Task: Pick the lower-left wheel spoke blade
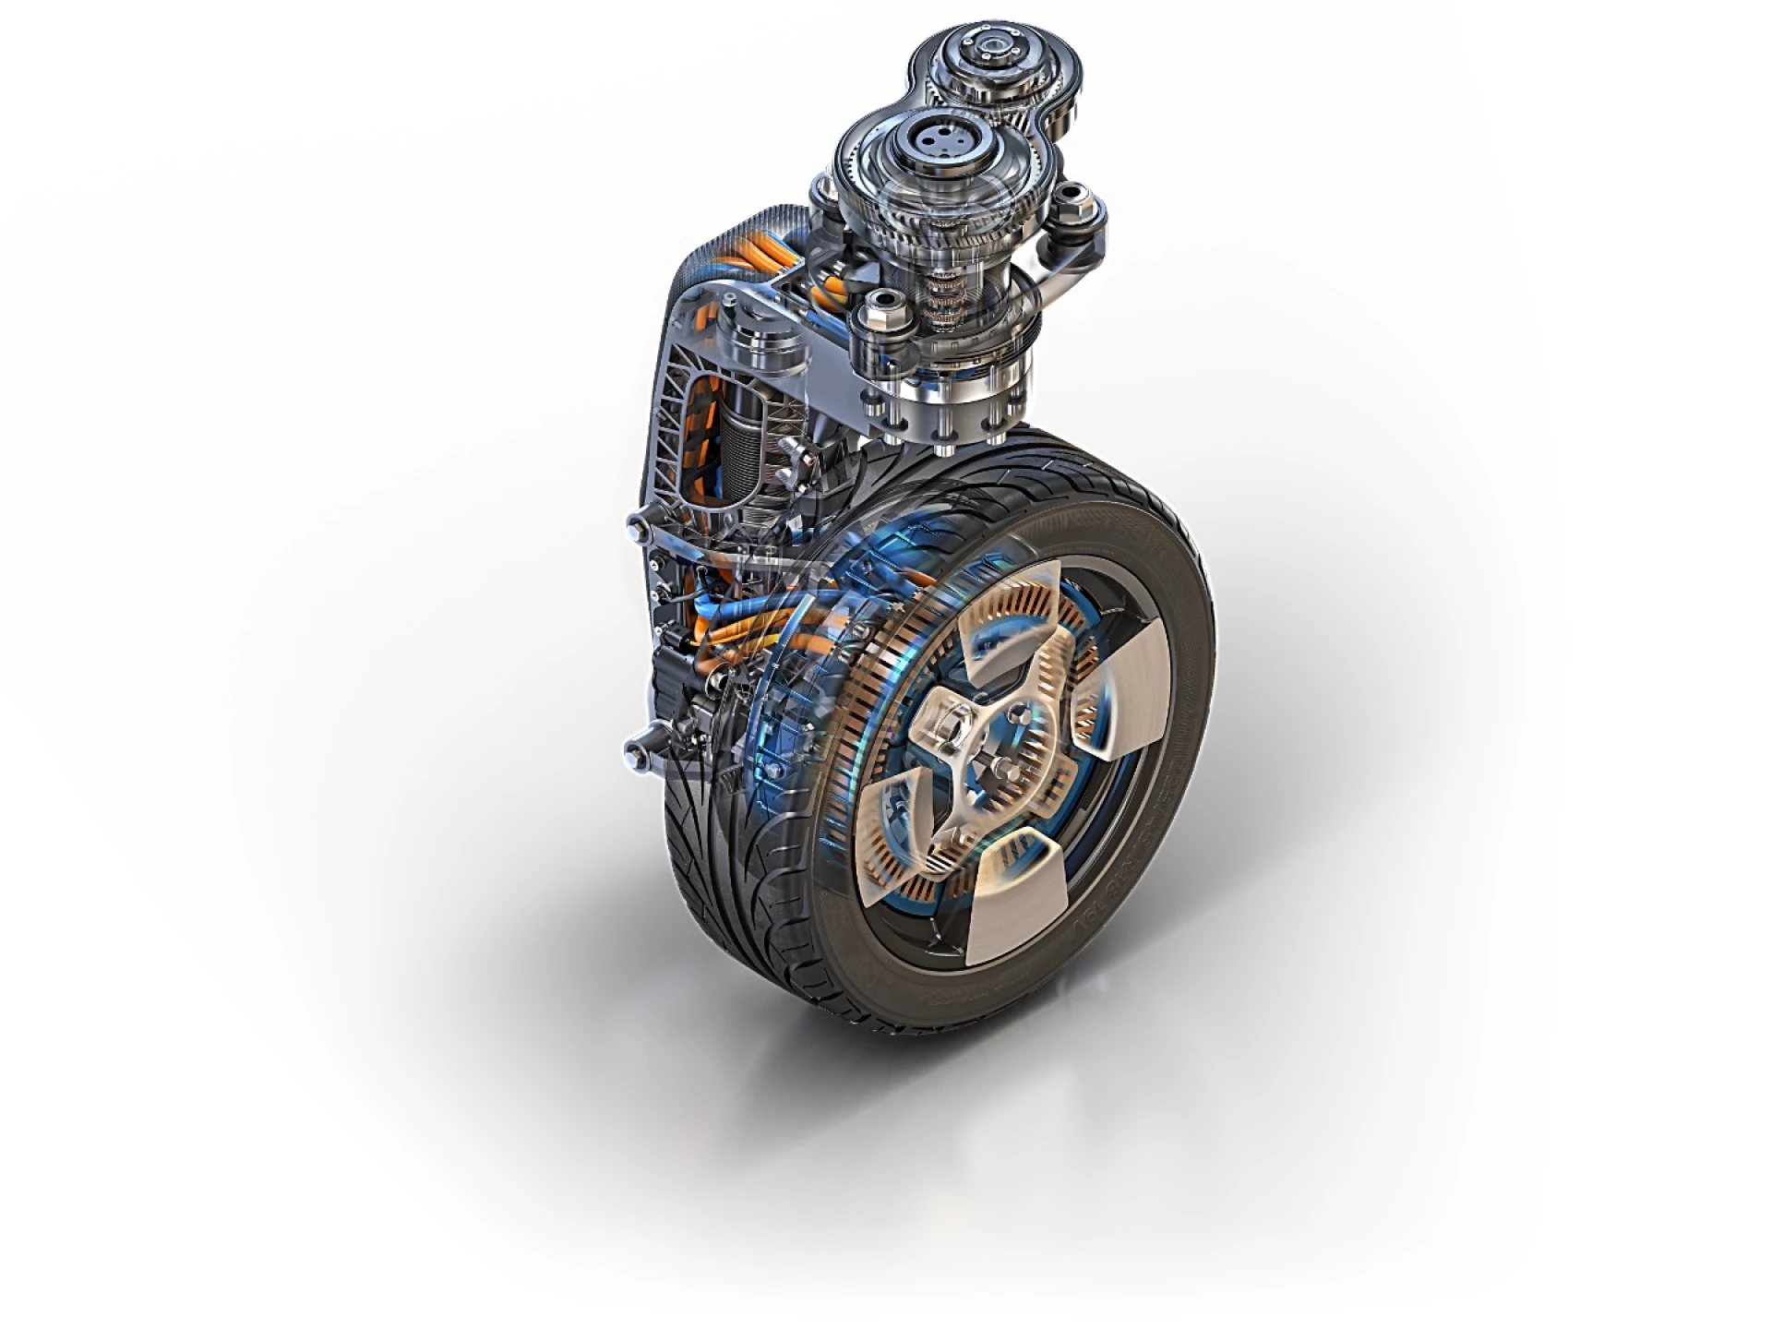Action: [x=892, y=832]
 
